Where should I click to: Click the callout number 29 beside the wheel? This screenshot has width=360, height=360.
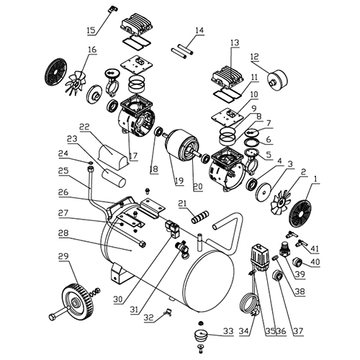[63, 257]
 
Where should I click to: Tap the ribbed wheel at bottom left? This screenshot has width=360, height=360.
[77, 301]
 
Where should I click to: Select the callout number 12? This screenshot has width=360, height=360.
[255, 57]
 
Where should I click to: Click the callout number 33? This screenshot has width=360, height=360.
[228, 331]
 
